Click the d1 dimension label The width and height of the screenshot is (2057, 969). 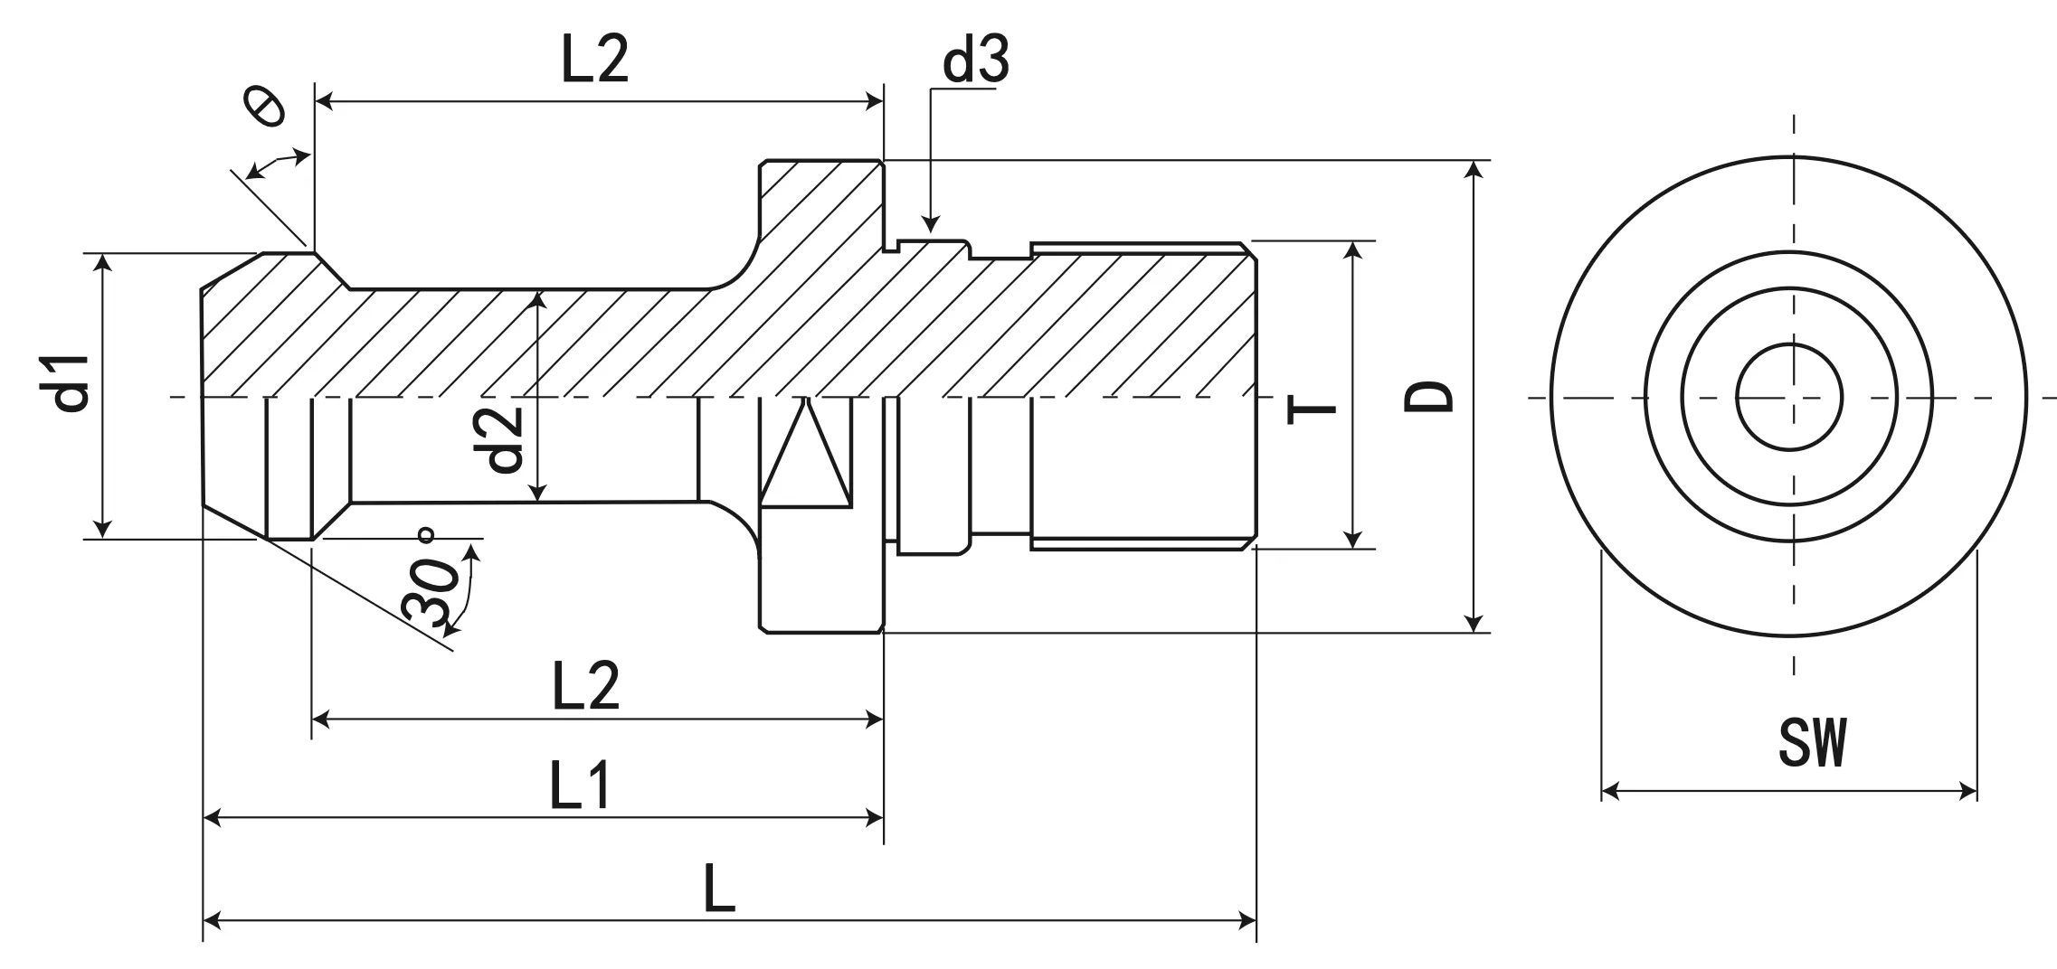[71, 383]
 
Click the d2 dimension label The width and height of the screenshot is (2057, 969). [504, 439]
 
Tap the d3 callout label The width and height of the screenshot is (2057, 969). [975, 61]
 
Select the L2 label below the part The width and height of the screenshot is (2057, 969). [585, 685]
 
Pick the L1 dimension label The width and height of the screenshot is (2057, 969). [580, 785]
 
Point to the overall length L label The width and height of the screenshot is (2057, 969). [719, 889]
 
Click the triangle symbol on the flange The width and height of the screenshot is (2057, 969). [805, 456]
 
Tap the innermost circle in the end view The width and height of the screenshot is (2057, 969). [1789, 396]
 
